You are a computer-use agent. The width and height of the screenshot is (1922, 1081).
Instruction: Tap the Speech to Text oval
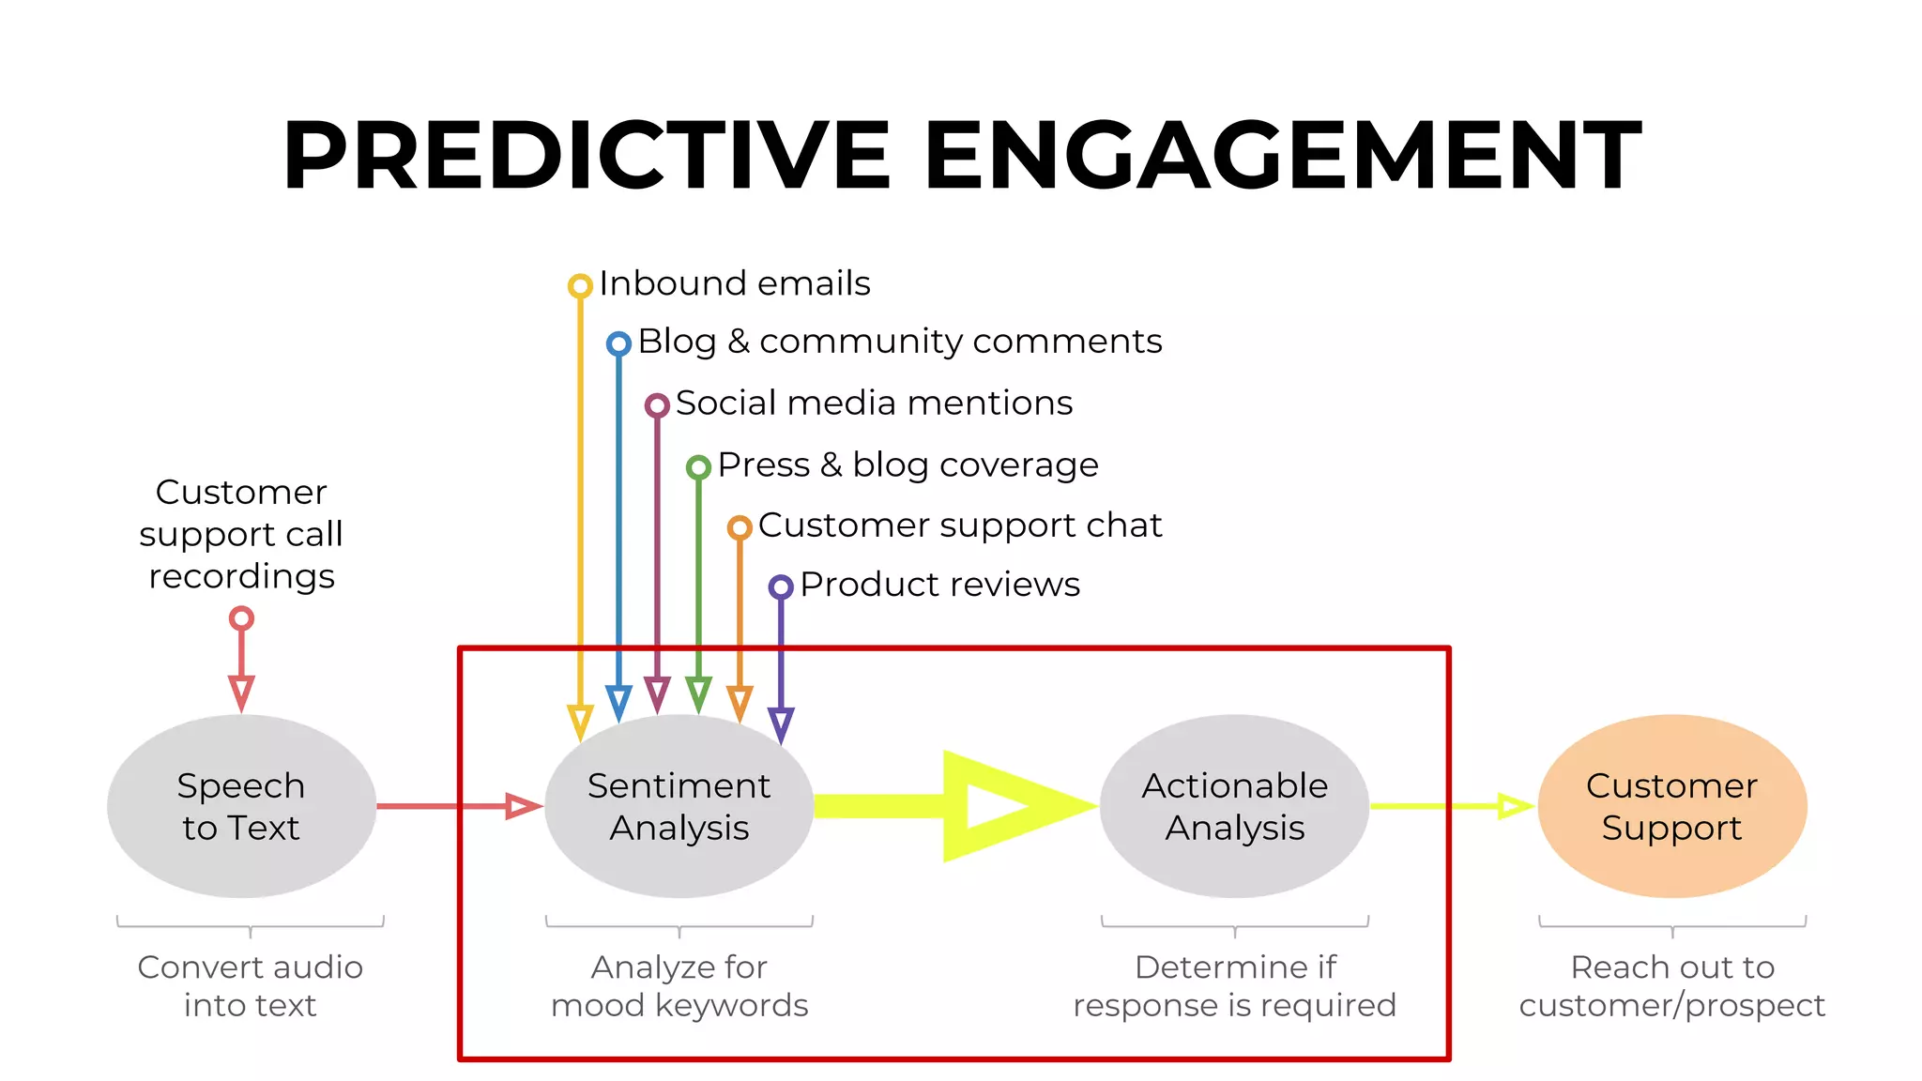tap(241, 806)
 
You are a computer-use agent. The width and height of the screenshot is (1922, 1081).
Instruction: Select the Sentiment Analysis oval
tap(679, 806)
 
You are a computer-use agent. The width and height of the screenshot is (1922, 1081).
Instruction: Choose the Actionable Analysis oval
tap(1234, 806)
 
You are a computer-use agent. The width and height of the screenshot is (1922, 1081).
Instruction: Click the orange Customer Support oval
tap(1671, 806)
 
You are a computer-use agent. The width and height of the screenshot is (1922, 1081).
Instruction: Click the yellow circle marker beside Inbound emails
tap(580, 285)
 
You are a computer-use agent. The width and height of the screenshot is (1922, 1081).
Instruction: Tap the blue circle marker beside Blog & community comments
tap(618, 343)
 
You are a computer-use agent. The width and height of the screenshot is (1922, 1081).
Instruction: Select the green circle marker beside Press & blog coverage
tap(698, 466)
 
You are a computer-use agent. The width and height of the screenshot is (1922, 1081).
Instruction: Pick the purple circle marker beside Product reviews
tap(781, 587)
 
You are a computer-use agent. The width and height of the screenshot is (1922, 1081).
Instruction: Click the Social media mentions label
tap(873, 403)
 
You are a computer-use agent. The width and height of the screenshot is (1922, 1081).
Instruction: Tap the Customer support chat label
tap(959, 525)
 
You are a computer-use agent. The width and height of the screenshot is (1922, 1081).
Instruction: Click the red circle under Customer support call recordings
tap(241, 618)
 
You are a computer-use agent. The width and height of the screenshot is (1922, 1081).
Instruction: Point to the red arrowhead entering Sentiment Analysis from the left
tap(522, 806)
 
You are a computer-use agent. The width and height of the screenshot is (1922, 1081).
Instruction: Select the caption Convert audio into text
tap(250, 985)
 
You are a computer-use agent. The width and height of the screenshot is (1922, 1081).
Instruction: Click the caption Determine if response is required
tap(1234, 985)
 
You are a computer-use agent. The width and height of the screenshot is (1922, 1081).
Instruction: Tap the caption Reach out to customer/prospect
tap(1671, 985)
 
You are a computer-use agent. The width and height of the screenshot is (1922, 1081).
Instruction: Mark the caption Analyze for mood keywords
tap(679, 985)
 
